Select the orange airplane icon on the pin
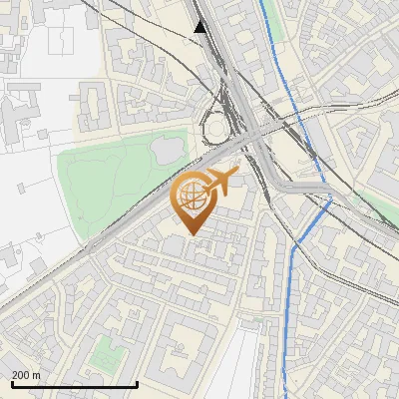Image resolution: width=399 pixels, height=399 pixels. click(x=220, y=183)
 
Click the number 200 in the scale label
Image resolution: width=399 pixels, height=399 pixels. click(x=21, y=375)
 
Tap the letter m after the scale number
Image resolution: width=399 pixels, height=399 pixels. click(x=37, y=375)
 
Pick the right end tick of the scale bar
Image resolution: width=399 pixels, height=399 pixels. click(x=137, y=384)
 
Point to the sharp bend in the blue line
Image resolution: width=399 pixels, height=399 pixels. click(x=329, y=199)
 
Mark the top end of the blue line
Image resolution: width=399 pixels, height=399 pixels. click(x=262, y=2)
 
